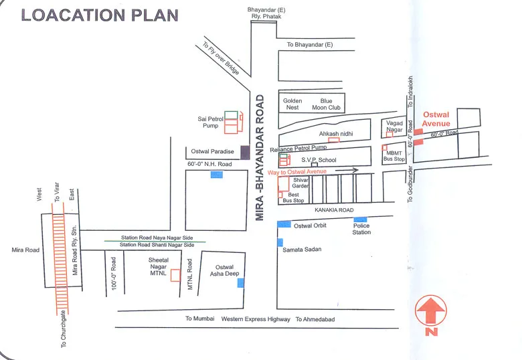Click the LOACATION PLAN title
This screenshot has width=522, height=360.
pos(100,15)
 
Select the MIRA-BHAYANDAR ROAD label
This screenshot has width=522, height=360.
pos(260,157)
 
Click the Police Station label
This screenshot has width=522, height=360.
pos(361,229)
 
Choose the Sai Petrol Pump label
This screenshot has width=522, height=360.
pos(209,122)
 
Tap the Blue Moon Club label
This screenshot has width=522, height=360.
pos(326,104)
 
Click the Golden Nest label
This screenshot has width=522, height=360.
pos(292,104)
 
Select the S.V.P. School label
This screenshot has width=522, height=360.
pos(319,160)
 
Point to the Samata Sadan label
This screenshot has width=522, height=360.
pos(303,250)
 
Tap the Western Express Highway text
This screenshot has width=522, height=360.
pos(256,319)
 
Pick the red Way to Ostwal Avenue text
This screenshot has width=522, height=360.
pos(296,173)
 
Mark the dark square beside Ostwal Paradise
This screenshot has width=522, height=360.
pos(245,152)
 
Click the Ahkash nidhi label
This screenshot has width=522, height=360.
pos(335,134)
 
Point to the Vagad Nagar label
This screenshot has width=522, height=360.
pos(395,126)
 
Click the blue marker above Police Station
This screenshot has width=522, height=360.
pos(361,219)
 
